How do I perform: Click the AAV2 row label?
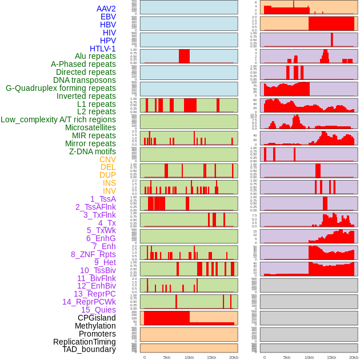pyautogui.click(x=106, y=9)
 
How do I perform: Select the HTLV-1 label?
pyautogui.click(x=103, y=49)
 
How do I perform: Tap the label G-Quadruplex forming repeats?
pyautogui.click(x=61, y=88)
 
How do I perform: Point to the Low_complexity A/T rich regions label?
pyautogui.click(x=58, y=119)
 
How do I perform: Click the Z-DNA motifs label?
pyautogui.click(x=93, y=151)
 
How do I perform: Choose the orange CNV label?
pyautogui.click(x=107, y=159)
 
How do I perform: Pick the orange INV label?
pyautogui.click(x=109, y=191)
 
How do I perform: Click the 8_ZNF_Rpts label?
pyautogui.click(x=93, y=254)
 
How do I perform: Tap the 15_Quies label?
pyautogui.click(x=98, y=310)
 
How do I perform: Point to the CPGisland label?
pyautogui.click(x=97, y=318)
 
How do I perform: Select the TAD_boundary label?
pyautogui.click(x=89, y=349)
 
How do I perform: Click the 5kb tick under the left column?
pyautogui.click(x=167, y=357)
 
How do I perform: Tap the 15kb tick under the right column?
pyautogui.click(x=331, y=357)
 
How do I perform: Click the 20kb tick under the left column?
pyautogui.click(x=233, y=357)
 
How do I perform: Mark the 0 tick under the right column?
pyautogui.click(x=265, y=357)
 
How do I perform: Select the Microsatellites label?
pyautogui.click(x=90, y=127)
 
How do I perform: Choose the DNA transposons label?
pyautogui.click(x=85, y=80)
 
